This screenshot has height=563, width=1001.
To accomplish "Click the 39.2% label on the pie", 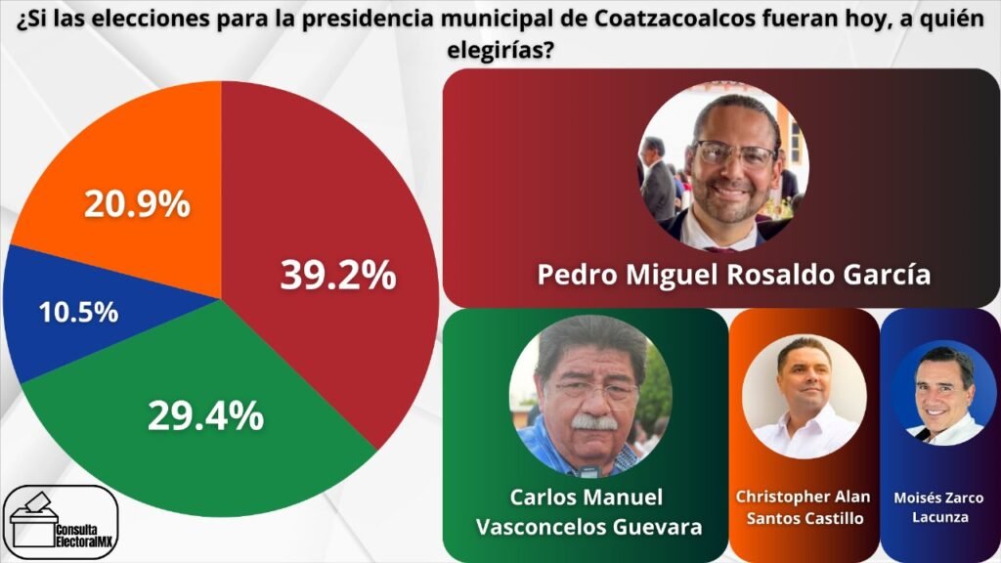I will coord(338,277).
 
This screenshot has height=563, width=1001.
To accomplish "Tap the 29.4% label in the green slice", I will coord(205,415).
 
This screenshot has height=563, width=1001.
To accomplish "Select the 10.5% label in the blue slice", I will coord(78,313).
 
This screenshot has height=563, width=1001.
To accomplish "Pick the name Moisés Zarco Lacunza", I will coord(938,507).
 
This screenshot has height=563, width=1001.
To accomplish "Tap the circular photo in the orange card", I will coord(805,396).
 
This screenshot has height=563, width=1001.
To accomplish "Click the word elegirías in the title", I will coord(500,50).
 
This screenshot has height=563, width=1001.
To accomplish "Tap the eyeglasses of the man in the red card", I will coord(733,153).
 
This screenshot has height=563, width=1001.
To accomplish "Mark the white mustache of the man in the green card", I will coord(594,422).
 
